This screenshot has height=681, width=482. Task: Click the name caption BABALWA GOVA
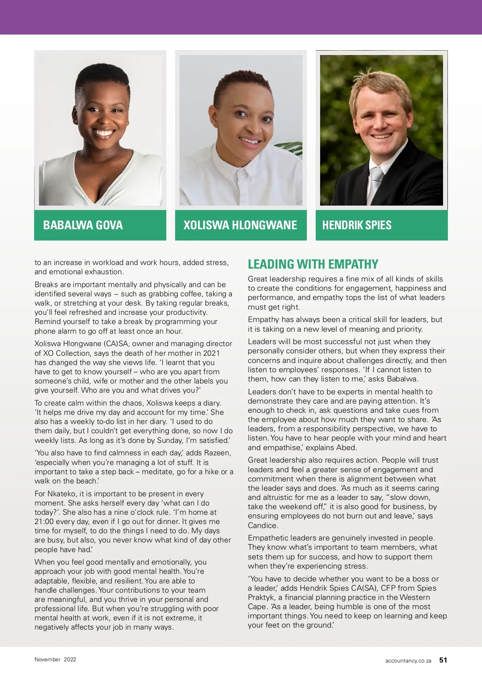pyautogui.click(x=83, y=225)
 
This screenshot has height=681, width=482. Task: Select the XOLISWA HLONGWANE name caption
pyautogui.click(x=240, y=225)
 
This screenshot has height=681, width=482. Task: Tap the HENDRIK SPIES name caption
pyautogui.click(x=357, y=225)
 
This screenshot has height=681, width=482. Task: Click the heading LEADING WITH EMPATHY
pyautogui.click(x=313, y=264)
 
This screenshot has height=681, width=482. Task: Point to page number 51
pyautogui.click(x=443, y=660)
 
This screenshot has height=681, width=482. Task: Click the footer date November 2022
pyautogui.click(x=55, y=659)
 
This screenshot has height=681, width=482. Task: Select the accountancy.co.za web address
pyautogui.click(x=408, y=661)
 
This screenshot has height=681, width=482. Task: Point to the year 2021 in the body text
pyautogui.click(x=211, y=353)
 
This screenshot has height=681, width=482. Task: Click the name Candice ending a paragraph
pyautogui.click(x=262, y=525)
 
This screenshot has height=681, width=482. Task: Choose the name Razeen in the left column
pyautogui.click(x=217, y=453)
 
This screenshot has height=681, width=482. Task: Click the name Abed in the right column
pyautogui.click(x=347, y=447)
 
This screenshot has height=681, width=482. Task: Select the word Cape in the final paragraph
pyautogui.click(x=256, y=606)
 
